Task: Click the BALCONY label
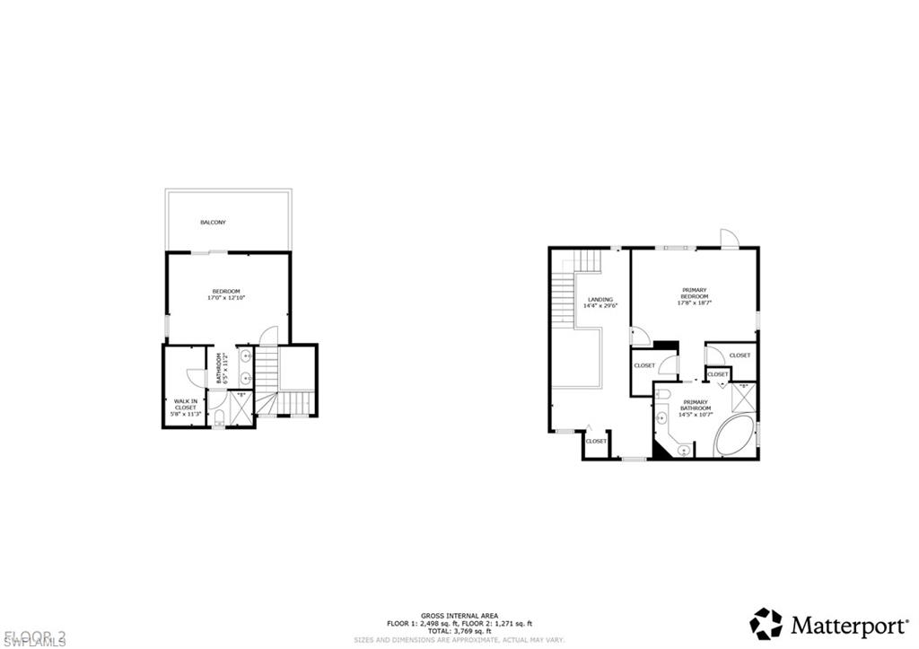click(x=212, y=222)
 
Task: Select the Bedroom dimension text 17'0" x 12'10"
click(x=226, y=297)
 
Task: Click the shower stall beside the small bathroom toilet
click(x=241, y=408)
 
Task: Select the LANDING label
click(x=600, y=299)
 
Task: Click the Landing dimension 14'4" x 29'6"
click(x=600, y=305)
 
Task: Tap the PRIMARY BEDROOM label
click(x=695, y=293)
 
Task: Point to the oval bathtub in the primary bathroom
click(x=736, y=437)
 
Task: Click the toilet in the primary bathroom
click(x=661, y=417)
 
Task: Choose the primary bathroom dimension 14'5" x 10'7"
click(x=695, y=414)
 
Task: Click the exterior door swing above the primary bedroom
click(x=729, y=238)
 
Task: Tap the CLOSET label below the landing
click(x=596, y=441)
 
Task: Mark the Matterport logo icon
click(x=766, y=623)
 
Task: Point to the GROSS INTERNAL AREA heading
click(x=459, y=615)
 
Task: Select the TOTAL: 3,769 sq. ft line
click(x=459, y=630)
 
